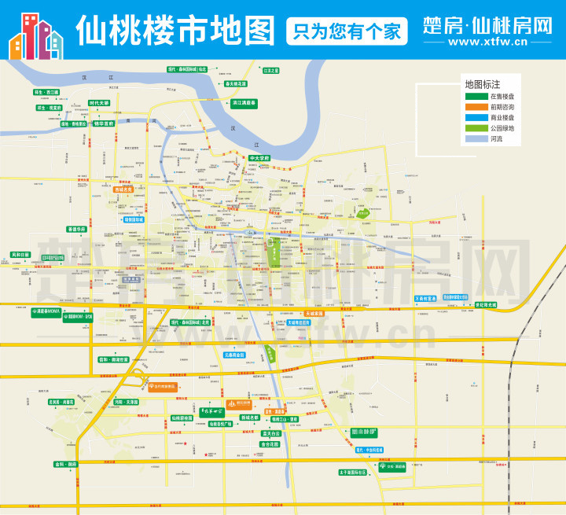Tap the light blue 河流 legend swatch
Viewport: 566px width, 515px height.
[476, 138]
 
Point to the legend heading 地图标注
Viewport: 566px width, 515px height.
[483, 83]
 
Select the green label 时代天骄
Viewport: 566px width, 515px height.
[99, 103]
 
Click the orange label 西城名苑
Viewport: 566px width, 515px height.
[124, 189]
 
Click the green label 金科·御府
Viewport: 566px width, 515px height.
[66, 465]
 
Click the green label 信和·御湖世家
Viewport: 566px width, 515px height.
[115, 359]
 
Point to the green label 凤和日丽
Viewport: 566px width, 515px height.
[20, 255]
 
